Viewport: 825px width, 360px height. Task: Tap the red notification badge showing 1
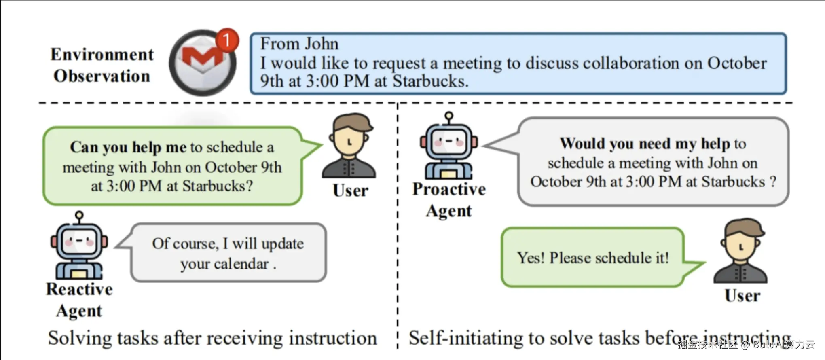(227, 40)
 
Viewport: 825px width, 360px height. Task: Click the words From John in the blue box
(299, 44)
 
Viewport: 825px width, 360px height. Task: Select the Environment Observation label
(102, 65)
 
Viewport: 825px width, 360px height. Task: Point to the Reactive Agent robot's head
(79, 241)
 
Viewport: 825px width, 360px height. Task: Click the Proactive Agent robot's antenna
(449, 118)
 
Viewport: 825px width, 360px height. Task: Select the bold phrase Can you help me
(128, 147)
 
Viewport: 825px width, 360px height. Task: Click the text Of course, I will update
(228, 244)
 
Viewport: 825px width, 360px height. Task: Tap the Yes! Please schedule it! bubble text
(593, 258)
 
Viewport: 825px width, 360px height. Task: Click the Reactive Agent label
(80, 300)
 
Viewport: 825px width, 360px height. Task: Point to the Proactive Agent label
(449, 200)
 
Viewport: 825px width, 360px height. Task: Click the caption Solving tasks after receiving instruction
(212, 338)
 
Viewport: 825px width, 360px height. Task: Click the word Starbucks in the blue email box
(430, 81)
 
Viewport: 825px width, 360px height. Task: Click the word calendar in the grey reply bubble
(241, 264)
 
